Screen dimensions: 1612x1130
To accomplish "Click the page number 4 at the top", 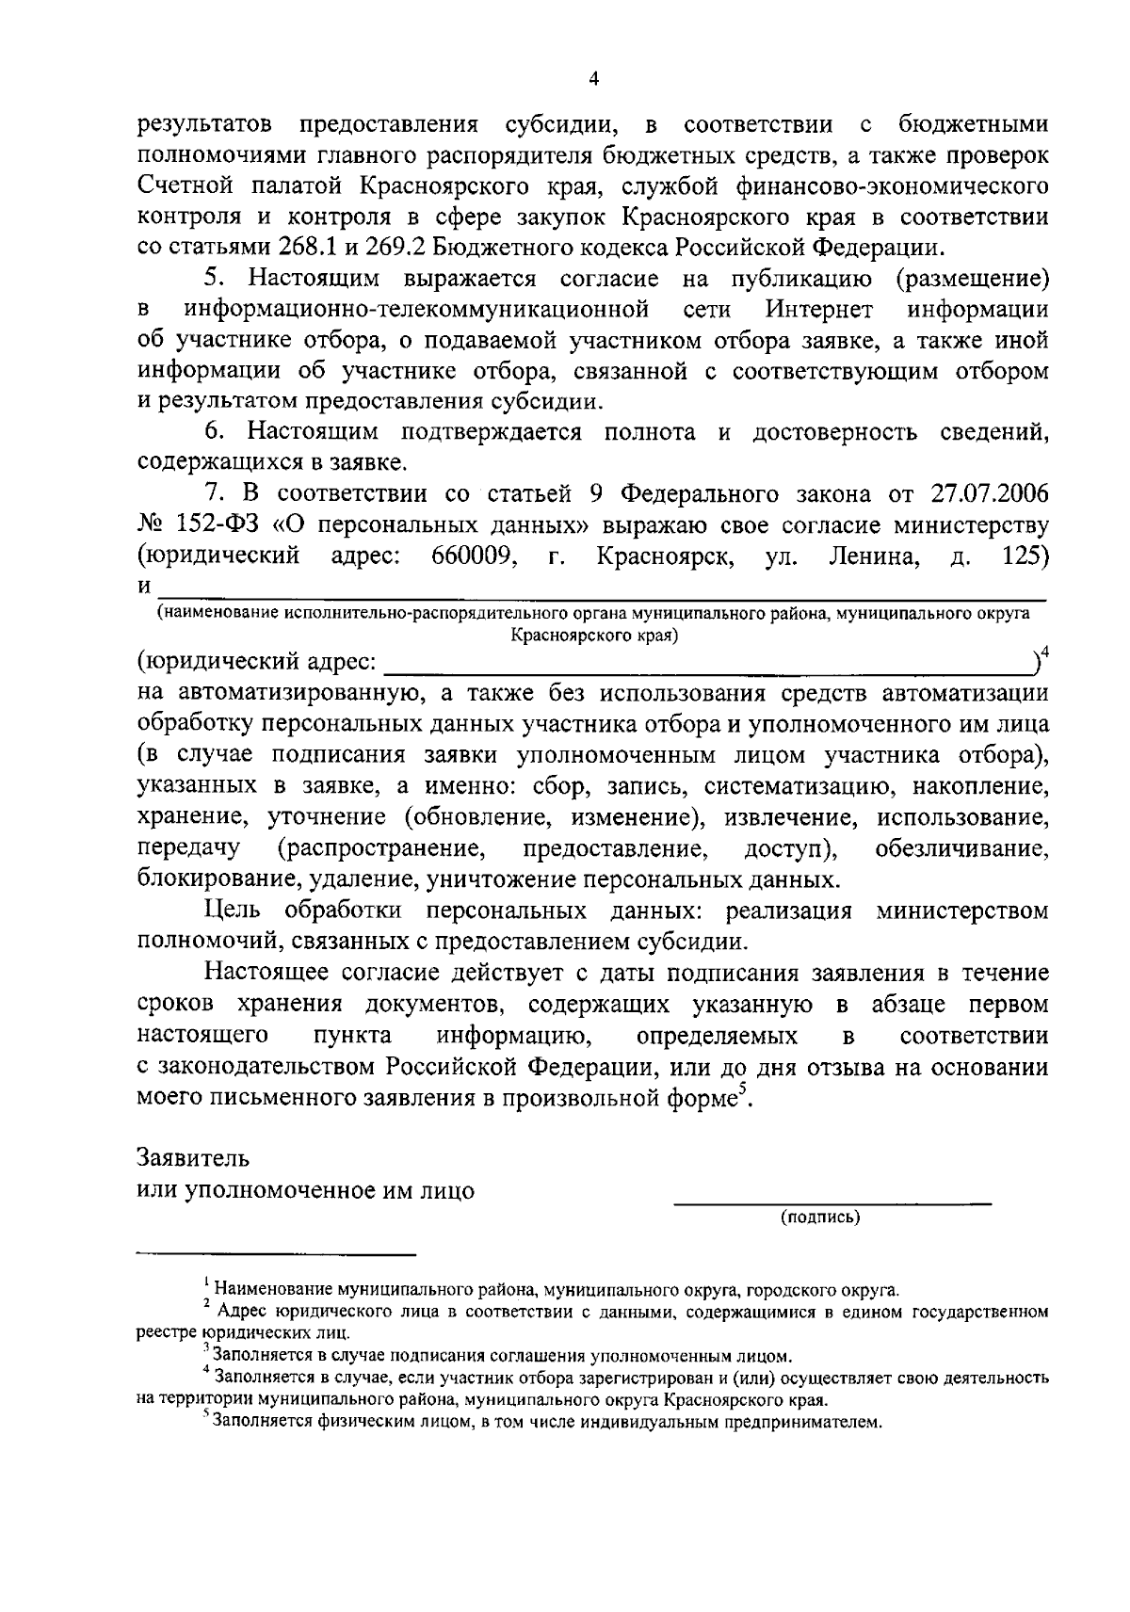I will [x=593, y=80].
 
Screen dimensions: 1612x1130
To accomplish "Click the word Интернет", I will [x=819, y=310].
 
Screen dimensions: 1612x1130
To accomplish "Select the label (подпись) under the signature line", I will [x=820, y=1217].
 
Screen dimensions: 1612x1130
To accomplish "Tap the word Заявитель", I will [x=193, y=1155].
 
